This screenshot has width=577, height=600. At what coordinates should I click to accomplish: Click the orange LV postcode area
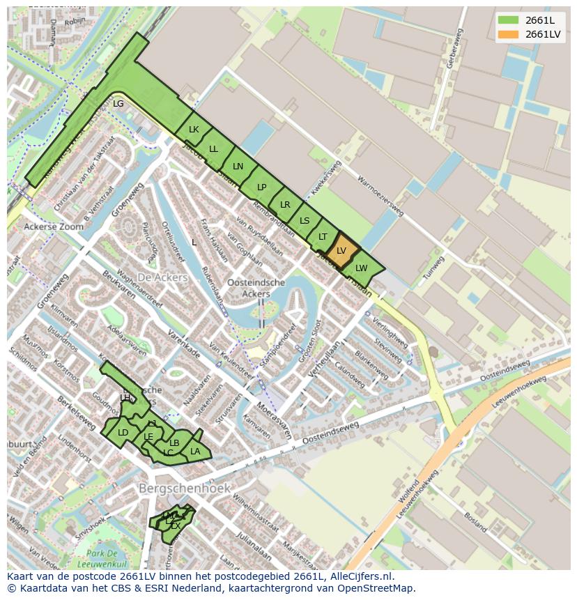point(341,251)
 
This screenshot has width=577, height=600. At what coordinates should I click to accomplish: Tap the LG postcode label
point(118,104)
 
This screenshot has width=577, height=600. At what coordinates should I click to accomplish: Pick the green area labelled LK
point(194,130)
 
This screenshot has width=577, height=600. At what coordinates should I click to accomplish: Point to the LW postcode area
point(361,268)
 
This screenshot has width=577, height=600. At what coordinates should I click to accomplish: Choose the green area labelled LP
point(261,187)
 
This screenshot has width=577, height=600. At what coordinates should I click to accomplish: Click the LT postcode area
point(323,237)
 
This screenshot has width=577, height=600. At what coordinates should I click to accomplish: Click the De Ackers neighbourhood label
point(162,277)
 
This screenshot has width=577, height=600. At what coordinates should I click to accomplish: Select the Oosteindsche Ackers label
point(256,288)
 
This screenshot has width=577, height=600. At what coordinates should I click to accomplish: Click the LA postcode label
point(195,452)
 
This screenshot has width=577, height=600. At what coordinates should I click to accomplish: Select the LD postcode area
point(123,433)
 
